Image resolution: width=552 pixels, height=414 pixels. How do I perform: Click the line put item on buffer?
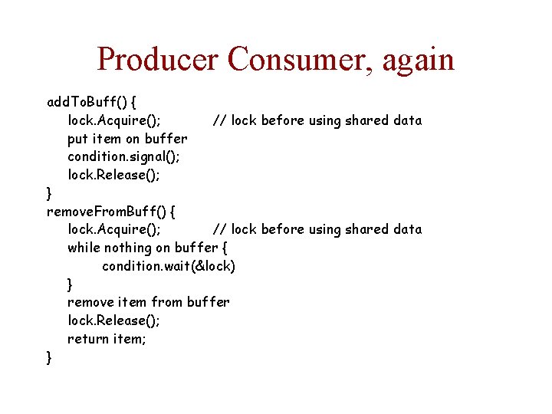coord(127,139)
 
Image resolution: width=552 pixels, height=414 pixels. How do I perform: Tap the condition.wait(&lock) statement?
coord(169,266)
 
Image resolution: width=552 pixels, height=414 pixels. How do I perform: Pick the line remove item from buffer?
coord(148,302)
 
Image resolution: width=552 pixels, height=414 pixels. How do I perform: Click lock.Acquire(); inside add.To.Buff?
coord(114,120)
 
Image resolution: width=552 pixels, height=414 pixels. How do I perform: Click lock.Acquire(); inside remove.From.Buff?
coord(114,229)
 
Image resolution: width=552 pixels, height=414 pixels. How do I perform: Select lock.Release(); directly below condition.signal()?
coord(113,175)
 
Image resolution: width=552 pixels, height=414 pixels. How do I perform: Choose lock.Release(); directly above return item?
coord(113,320)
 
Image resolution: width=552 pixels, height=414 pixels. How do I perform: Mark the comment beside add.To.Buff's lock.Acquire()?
coord(317,120)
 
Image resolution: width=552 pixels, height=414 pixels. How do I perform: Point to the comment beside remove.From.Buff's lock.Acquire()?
coord(317,229)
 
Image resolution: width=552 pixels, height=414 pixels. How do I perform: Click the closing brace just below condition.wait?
coord(71,284)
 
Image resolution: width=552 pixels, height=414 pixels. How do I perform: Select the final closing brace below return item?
coord(50,357)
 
